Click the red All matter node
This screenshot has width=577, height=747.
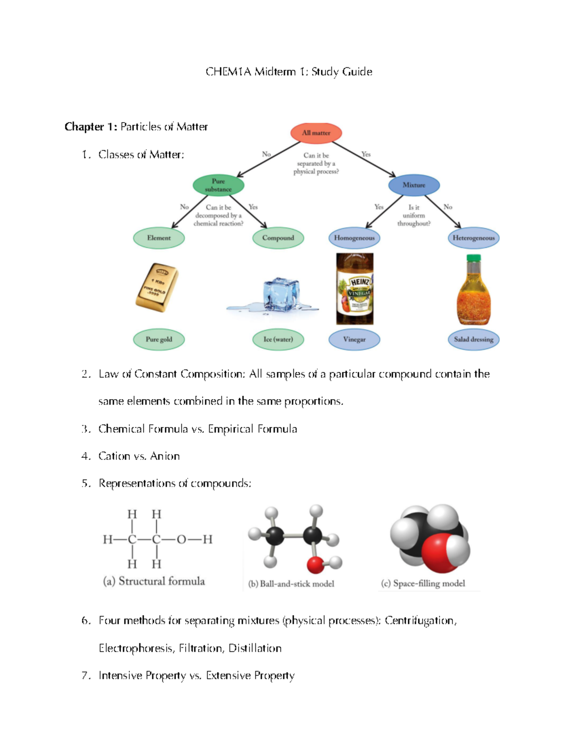pyautogui.click(x=316, y=133)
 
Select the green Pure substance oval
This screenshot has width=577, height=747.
pyautogui.click(x=218, y=185)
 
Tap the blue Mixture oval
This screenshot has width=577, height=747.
pyautogui.click(x=414, y=185)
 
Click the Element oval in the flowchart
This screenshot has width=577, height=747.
pyautogui.click(x=159, y=238)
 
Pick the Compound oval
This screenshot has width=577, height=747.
pyautogui.click(x=278, y=238)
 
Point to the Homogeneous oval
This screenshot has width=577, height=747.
pyautogui.click(x=354, y=238)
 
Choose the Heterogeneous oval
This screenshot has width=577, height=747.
pyautogui.click(x=473, y=238)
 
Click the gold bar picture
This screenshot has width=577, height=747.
pyautogui.click(x=157, y=288)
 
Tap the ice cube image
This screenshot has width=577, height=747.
pyautogui.click(x=281, y=294)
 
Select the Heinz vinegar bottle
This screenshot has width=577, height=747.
pyautogui.click(x=355, y=289)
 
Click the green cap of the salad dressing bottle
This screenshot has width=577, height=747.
pyautogui.click(x=474, y=258)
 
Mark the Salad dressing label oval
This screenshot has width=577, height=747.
pyautogui.click(x=473, y=340)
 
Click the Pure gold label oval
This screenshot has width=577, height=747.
pyautogui.click(x=159, y=340)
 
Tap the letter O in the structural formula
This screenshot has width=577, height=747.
pyautogui.click(x=181, y=540)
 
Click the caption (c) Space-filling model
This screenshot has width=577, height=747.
pyautogui.click(x=423, y=583)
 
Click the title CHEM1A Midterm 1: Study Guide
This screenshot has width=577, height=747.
pyautogui.click(x=288, y=72)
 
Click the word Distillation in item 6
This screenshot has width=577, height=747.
pyautogui.click(x=255, y=648)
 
